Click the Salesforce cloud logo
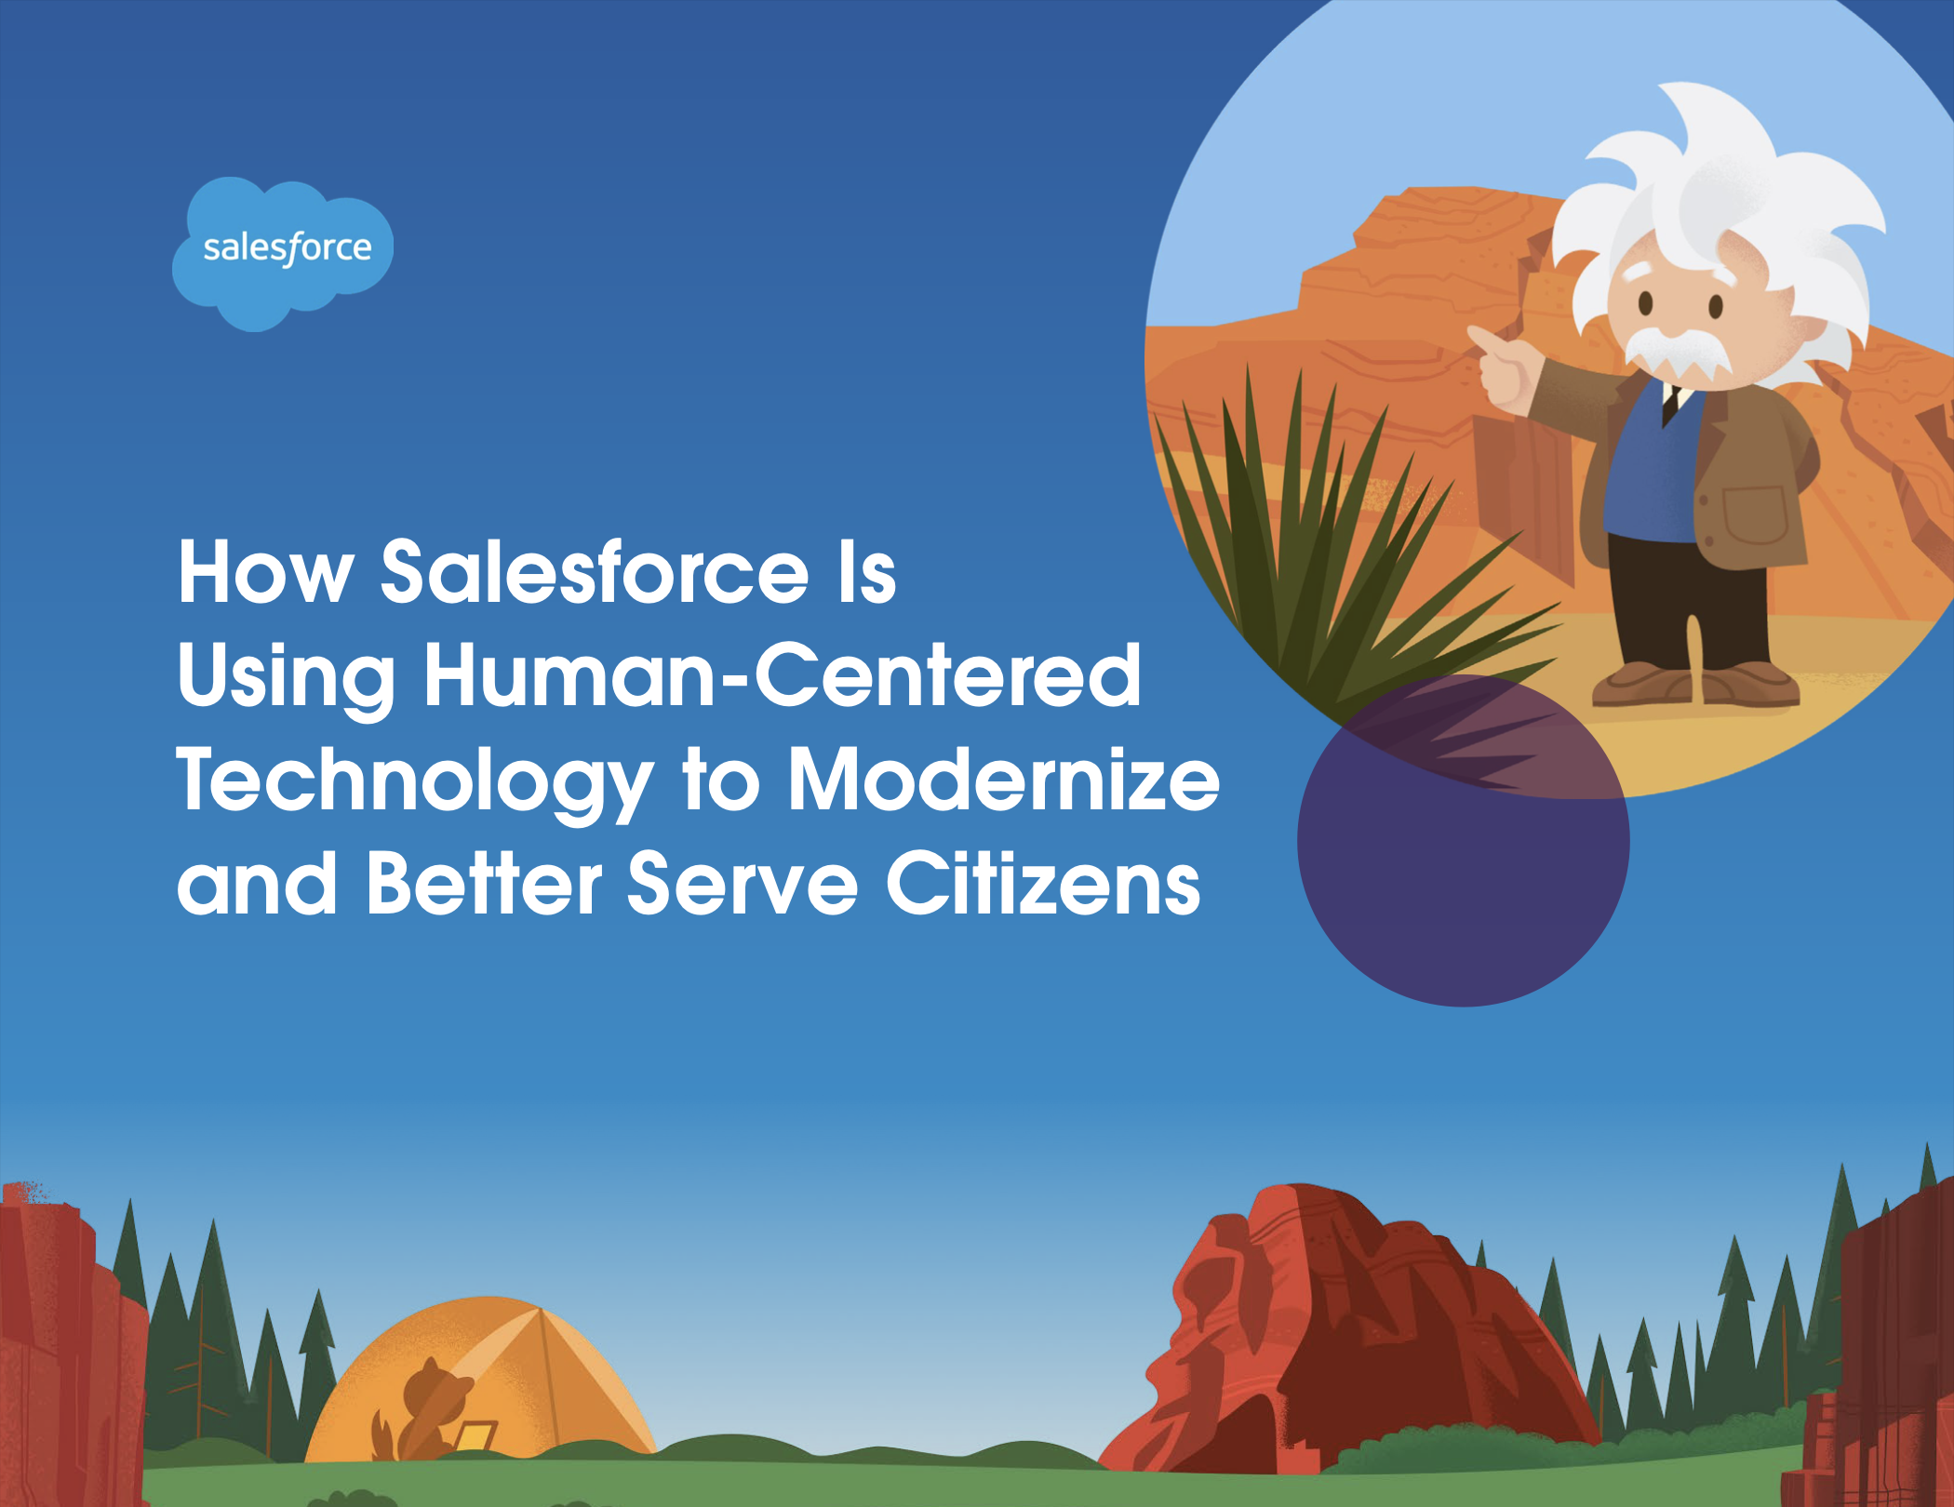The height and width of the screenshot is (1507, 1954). coord(283,253)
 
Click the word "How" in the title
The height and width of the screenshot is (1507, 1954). coord(266,572)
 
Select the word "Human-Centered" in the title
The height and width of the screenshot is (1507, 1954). coord(783,675)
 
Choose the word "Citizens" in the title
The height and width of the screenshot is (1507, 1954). coord(1043,883)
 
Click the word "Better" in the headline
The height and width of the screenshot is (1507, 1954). coord(485,883)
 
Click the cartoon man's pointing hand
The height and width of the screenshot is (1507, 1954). coord(1498,367)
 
